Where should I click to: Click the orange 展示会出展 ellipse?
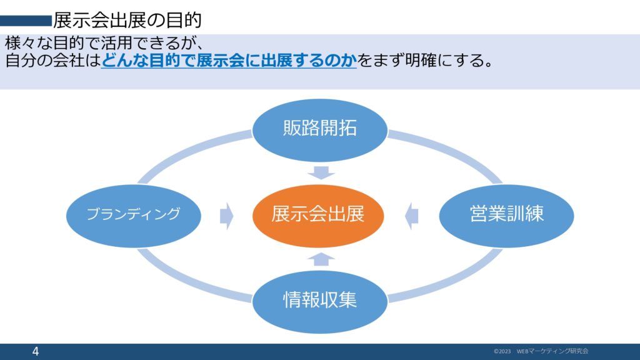317,216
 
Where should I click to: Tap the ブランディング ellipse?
133,214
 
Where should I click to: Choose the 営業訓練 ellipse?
506,214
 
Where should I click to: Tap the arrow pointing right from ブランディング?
226,216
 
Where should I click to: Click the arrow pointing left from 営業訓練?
411,216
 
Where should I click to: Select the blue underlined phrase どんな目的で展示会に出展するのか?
229,61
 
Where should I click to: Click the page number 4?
36,352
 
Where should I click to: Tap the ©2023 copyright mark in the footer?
502,351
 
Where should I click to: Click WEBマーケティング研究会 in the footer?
552,351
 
